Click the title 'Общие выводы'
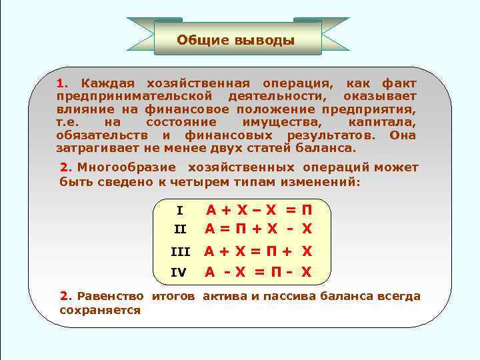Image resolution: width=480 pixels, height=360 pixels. coord(235,40)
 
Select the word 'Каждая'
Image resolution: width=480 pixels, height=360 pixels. coord(107,84)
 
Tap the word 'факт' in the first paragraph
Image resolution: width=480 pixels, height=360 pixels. coord(399,84)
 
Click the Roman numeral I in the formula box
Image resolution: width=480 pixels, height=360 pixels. coord(179,211)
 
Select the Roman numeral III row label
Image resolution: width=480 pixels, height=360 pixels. coord(181,252)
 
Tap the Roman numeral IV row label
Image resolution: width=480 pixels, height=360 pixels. coord(179,272)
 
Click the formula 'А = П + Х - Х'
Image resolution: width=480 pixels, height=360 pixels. coord(258,229)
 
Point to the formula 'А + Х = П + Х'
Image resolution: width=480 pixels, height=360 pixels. coord(258,251)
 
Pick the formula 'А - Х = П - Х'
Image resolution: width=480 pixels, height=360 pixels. coord(258,271)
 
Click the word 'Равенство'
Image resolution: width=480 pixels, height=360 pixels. coord(111,296)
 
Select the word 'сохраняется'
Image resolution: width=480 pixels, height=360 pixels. coord(100,310)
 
